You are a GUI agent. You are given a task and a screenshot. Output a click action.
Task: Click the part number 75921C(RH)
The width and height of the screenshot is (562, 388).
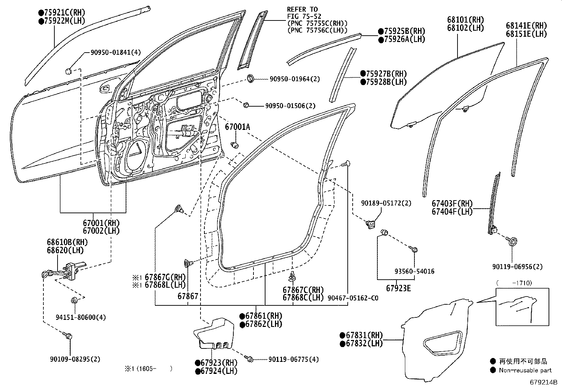tap(65, 13)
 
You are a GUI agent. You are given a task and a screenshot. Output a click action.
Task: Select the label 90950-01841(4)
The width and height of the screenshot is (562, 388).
tap(116, 53)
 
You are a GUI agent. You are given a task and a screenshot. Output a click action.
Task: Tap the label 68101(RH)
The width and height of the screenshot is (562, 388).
tap(466, 19)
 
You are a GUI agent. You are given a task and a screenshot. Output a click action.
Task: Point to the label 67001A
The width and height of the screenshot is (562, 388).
tap(237, 127)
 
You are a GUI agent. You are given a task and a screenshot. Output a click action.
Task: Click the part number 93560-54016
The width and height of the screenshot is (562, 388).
tap(414, 271)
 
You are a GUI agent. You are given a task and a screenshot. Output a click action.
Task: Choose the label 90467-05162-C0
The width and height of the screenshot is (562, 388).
tap(353, 298)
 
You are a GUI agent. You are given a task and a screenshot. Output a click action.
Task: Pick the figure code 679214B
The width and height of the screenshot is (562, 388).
tap(543, 382)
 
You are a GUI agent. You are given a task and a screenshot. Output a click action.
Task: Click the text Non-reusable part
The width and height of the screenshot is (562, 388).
tap(525, 370)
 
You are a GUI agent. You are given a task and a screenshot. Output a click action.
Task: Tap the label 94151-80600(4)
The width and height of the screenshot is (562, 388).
tap(81, 317)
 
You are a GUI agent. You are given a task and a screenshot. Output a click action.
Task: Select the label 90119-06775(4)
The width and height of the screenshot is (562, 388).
tap(294, 359)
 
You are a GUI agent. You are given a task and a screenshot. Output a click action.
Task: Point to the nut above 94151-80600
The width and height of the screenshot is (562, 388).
tap(74, 300)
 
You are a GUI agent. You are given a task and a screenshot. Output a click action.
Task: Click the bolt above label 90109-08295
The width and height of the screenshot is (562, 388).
tap(68, 335)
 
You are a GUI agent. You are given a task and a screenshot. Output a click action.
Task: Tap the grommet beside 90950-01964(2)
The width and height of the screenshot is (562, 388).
tap(250, 79)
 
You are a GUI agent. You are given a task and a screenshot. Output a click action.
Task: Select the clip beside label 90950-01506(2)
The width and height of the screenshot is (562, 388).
tap(246, 105)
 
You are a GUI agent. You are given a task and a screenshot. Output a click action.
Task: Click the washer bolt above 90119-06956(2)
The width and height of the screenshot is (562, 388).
tap(512, 241)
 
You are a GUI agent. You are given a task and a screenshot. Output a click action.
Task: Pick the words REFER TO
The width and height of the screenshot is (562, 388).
tap(302, 10)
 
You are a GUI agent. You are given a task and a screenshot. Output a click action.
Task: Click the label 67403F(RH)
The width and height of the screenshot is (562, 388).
tap(452, 203)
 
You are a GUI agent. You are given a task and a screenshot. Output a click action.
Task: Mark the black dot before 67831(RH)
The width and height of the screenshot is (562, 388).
tap(342, 335)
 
